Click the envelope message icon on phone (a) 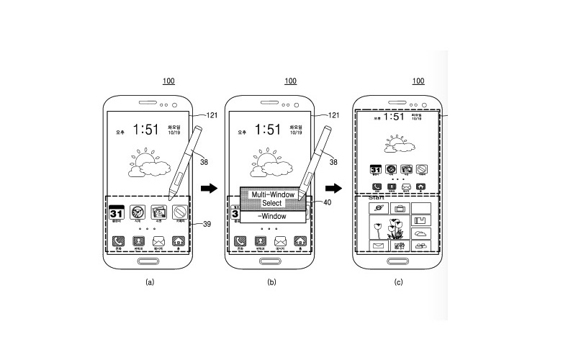coord(158,242)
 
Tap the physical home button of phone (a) coord(149,261)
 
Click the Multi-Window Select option coord(272,198)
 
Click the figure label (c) coord(398,283)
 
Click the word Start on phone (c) coord(376,197)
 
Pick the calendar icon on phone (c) coord(375,171)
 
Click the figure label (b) coord(271,283)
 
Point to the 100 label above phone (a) coord(168,81)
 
